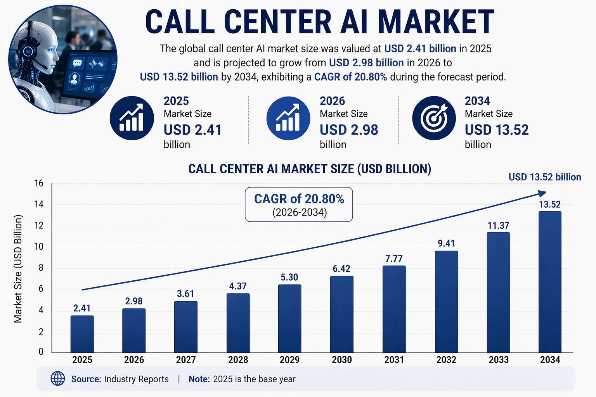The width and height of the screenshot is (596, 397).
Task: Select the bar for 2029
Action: (289, 318)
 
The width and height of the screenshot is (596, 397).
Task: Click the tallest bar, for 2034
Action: (550, 282)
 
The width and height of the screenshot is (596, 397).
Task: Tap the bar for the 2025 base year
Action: (82, 334)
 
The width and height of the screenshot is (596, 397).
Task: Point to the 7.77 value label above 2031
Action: (394, 259)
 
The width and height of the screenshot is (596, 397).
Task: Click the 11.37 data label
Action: (498, 226)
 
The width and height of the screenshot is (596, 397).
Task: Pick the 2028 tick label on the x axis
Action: (238, 360)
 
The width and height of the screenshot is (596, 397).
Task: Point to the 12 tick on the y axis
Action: (39, 226)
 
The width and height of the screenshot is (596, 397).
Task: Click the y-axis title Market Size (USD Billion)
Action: (18, 268)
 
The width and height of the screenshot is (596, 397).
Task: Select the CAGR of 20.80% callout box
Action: (299, 204)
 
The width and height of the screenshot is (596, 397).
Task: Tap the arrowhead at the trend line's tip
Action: (542, 193)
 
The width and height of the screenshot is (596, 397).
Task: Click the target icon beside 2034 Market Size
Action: (434, 118)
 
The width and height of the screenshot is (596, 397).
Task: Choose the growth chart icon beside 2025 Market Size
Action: (132, 118)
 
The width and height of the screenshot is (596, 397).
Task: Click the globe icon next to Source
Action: (58, 378)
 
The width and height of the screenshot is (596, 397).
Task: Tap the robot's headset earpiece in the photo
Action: (28, 51)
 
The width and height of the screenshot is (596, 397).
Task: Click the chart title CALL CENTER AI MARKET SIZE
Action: (309, 169)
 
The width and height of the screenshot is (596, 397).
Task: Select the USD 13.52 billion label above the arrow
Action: (544, 177)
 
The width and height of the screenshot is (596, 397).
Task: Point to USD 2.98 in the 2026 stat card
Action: (348, 130)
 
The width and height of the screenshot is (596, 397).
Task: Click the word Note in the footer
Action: (199, 379)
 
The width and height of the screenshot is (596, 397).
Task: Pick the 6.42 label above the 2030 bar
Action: (341, 269)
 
